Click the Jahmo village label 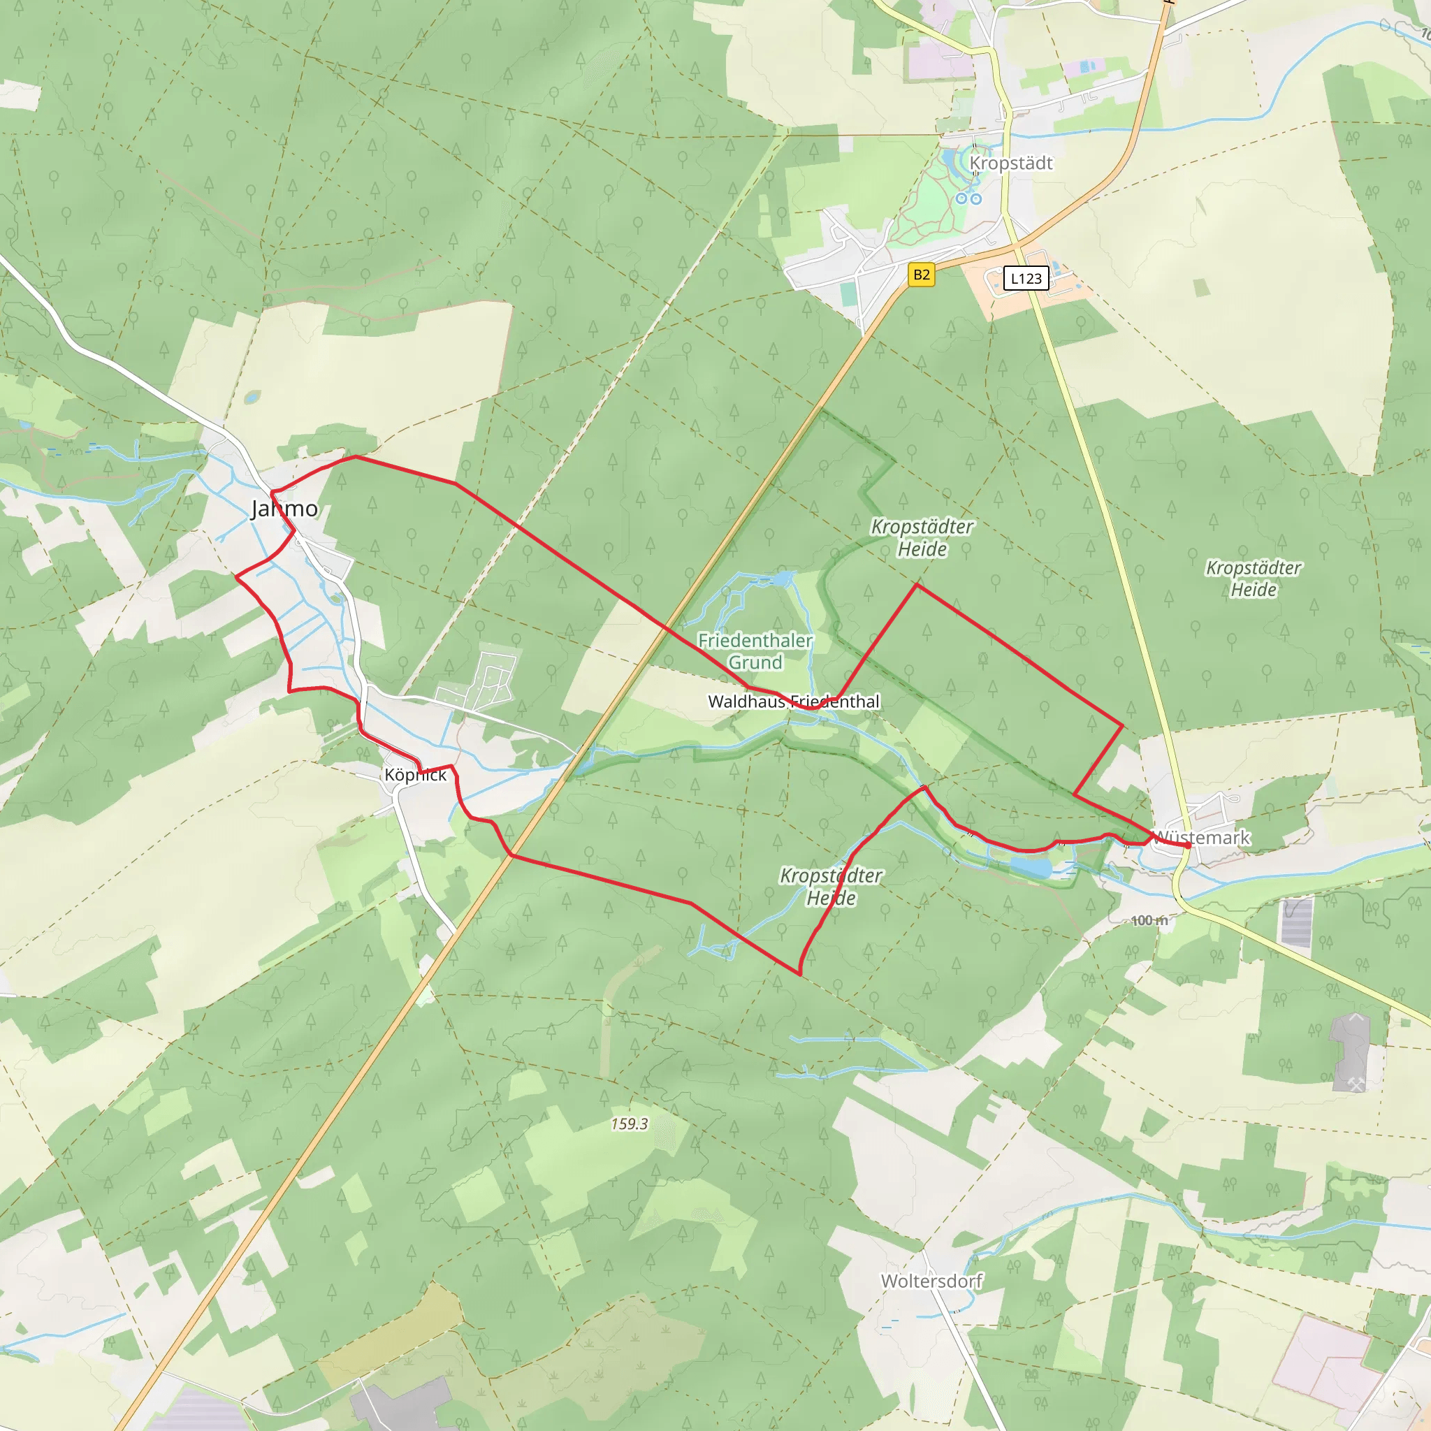point(285,509)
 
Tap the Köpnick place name point(416,775)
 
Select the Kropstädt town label point(1010,163)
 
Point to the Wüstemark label point(1201,838)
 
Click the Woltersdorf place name point(931,1281)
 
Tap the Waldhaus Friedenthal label point(793,702)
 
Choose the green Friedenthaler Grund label point(755,651)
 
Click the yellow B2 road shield point(922,275)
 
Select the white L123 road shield point(1026,279)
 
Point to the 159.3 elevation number point(630,1124)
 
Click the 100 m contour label point(1149,921)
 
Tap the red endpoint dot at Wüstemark point(1187,845)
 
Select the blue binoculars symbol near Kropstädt point(968,198)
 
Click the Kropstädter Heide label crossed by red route point(831,887)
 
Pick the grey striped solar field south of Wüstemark point(1297,922)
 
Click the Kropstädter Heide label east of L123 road point(1254,579)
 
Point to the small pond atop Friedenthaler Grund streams point(782,579)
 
